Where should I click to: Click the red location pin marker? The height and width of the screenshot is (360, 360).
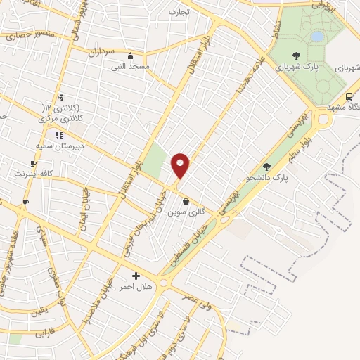[x=181, y=165]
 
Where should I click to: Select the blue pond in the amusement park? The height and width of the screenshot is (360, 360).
[x=318, y=35]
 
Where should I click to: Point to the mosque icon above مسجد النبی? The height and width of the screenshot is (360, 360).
[x=129, y=56]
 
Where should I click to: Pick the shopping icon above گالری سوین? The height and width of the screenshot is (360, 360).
[x=186, y=201]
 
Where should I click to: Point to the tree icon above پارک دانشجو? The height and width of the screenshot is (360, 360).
[x=266, y=167]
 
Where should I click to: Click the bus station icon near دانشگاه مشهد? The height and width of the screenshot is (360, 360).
[x=349, y=97]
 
